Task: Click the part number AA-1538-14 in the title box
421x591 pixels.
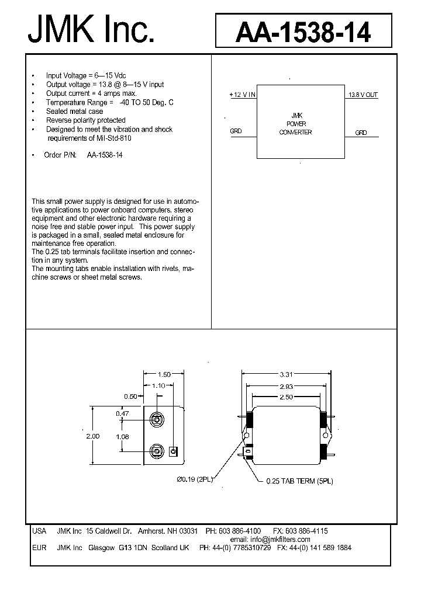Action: (303, 32)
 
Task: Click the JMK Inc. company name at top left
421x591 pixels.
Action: (91, 30)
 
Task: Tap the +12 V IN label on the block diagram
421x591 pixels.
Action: (242, 95)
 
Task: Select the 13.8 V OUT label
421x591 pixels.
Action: (363, 95)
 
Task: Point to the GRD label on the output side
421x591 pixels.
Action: (361, 133)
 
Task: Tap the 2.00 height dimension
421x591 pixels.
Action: (93, 436)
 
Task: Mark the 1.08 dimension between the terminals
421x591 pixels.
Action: (122, 436)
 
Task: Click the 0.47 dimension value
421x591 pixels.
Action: (122, 413)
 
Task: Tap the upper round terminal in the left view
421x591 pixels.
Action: (156, 419)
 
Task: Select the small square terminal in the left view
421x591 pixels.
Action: (173, 451)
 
